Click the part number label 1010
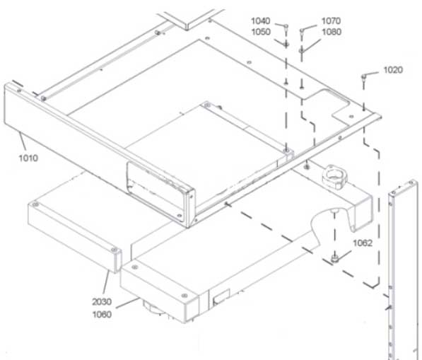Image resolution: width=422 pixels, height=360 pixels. (x=28, y=158)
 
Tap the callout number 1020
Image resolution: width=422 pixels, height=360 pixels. (x=393, y=70)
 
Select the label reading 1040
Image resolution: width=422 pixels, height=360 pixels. (x=261, y=21)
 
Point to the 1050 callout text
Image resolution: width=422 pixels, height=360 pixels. (x=261, y=32)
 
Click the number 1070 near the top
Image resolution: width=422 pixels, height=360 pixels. (x=332, y=21)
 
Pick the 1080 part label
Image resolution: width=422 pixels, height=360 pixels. (x=332, y=32)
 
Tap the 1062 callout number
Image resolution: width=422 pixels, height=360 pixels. (x=363, y=243)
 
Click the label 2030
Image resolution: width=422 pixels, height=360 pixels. (x=102, y=302)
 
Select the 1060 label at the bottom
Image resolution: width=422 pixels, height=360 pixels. (x=102, y=314)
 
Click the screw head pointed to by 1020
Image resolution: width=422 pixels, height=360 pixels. (x=363, y=77)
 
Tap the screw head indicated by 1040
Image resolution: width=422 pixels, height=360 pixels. (x=286, y=26)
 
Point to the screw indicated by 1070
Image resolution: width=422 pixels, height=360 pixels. (x=302, y=30)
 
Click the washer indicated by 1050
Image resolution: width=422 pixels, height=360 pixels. (x=286, y=44)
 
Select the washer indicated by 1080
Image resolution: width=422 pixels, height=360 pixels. (x=301, y=50)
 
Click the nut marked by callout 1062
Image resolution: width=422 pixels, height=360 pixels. (x=334, y=258)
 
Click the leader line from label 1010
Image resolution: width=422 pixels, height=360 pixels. (x=23, y=141)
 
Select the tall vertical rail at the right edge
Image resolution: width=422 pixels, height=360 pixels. (x=403, y=269)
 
